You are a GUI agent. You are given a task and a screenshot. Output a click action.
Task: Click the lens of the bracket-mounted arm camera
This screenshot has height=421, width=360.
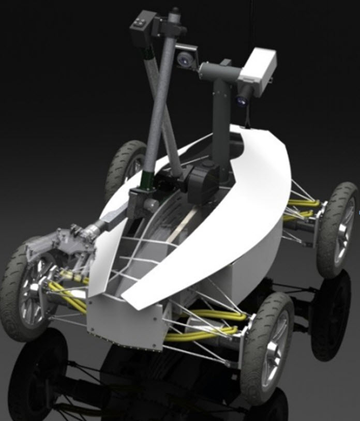click(183, 61)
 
